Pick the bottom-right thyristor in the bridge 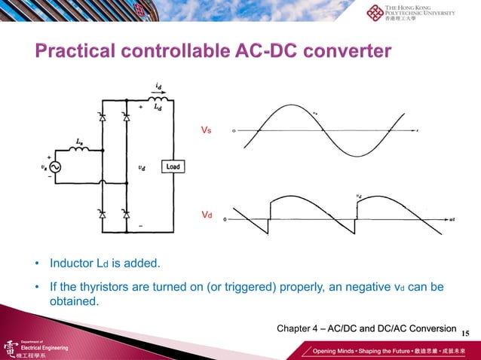[x=126, y=215]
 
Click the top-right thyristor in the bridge [x=126, y=118]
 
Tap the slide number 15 [x=464, y=333]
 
